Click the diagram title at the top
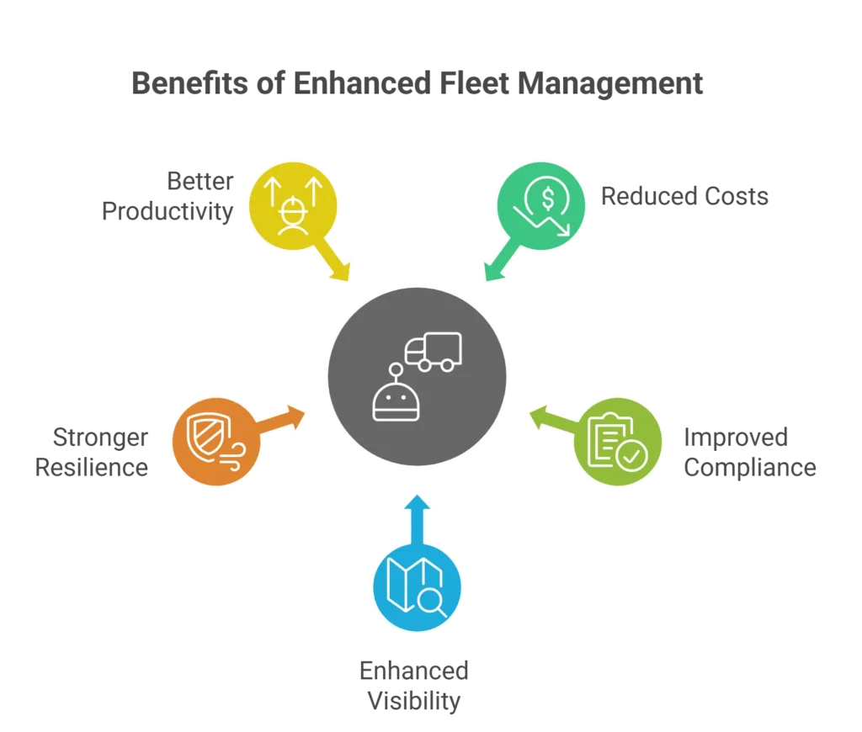coord(417,84)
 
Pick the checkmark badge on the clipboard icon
coord(631,456)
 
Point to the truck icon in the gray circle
coord(434,352)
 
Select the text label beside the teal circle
coord(686,198)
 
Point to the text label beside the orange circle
coord(92,454)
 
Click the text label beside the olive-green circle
coord(749,453)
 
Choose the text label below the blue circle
coord(415,683)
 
